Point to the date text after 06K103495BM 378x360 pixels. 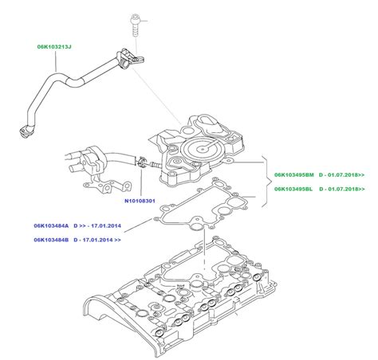(343, 174)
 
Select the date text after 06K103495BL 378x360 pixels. (343, 190)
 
